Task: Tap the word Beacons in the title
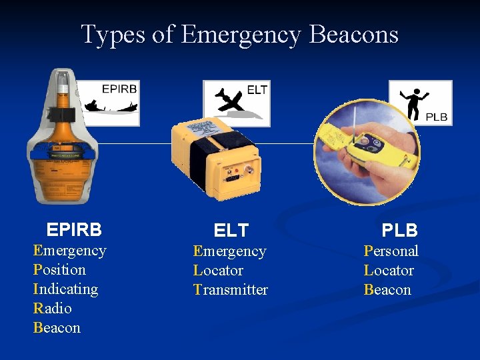point(354,34)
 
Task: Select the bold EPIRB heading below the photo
point(74,230)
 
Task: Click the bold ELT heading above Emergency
point(231,231)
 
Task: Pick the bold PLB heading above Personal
point(399,231)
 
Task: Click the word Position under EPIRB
point(59,270)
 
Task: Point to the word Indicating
point(65,289)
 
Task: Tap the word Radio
point(52,309)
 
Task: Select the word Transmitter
point(230,290)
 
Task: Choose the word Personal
point(391,251)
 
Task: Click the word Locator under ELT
point(218,271)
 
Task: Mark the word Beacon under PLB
point(387,290)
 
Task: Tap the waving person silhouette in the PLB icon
point(414,101)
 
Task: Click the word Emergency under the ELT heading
point(229,251)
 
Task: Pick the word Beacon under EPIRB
point(57,328)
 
